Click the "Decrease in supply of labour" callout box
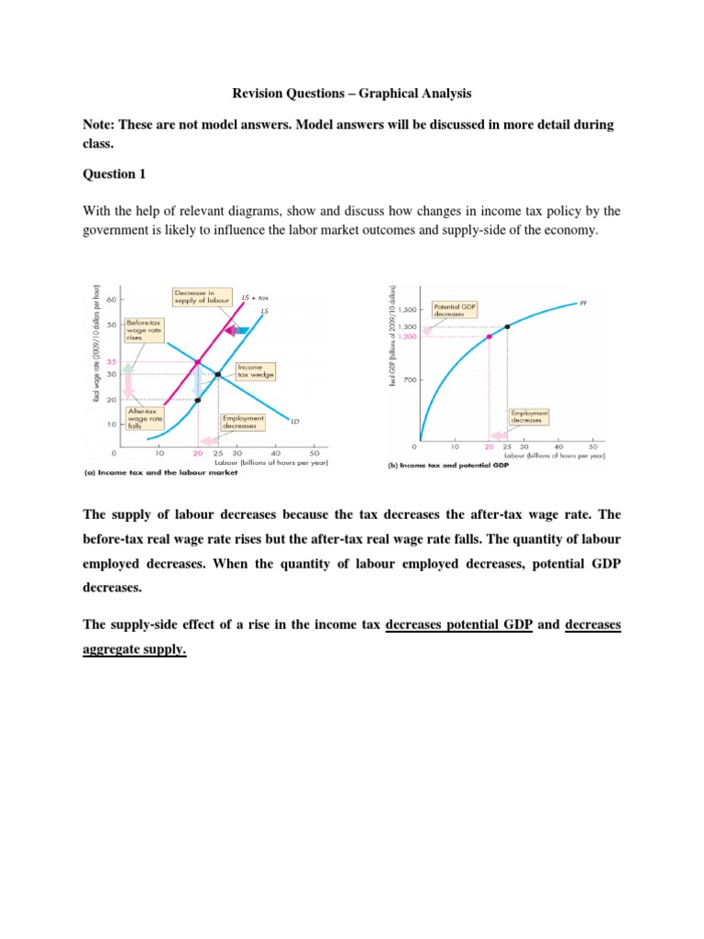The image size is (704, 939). click(201, 297)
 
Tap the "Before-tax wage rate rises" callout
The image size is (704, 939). click(138, 330)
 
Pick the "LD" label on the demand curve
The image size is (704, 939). click(295, 422)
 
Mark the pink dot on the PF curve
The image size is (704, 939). click(489, 337)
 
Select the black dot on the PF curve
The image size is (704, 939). click(508, 326)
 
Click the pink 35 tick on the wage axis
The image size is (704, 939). click(111, 361)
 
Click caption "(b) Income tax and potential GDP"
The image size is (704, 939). click(444, 465)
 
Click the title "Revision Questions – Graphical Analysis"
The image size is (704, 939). click(352, 93)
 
